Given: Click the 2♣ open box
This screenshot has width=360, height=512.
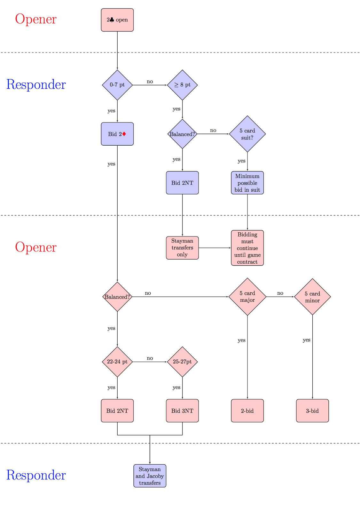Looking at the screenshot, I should click(x=117, y=20).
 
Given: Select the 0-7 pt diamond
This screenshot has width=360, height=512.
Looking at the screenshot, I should click(x=117, y=85).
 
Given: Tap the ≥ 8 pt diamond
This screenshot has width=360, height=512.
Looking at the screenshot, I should click(x=182, y=85).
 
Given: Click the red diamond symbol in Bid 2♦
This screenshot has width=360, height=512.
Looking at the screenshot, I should click(x=124, y=134).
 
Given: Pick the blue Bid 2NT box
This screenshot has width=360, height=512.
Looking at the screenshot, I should click(x=182, y=183).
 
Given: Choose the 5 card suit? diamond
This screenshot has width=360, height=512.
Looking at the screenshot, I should click(x=247, y=134).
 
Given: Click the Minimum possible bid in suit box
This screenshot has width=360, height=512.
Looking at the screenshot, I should click(x=247, y=183).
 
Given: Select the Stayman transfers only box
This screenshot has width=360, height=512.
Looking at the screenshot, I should click(x=182, y=248).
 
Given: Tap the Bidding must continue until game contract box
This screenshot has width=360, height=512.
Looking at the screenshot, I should click(x=247, y=248).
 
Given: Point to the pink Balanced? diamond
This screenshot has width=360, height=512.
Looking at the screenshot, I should click(x=117, y=297).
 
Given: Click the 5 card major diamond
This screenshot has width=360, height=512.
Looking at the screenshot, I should click(x=247, y=297).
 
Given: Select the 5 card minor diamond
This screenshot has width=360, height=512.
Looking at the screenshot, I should click(x=312, y=297).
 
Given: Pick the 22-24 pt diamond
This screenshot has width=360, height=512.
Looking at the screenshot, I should click(x=117, y=362).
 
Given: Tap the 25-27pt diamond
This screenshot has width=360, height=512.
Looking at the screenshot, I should click(x=182, y=362).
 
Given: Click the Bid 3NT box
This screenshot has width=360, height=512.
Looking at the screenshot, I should click(x=182, y=411).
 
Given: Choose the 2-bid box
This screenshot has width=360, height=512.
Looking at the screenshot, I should click(x=247, y=411).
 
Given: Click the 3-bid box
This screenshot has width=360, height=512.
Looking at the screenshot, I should click(x=312, y=411).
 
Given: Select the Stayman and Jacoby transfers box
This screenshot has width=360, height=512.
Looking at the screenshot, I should click(x=150, y=476).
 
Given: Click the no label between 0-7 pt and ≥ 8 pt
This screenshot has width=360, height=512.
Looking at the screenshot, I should click(x=150, y=82).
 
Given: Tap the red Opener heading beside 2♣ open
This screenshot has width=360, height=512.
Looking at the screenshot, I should click(x=36, y=19).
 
